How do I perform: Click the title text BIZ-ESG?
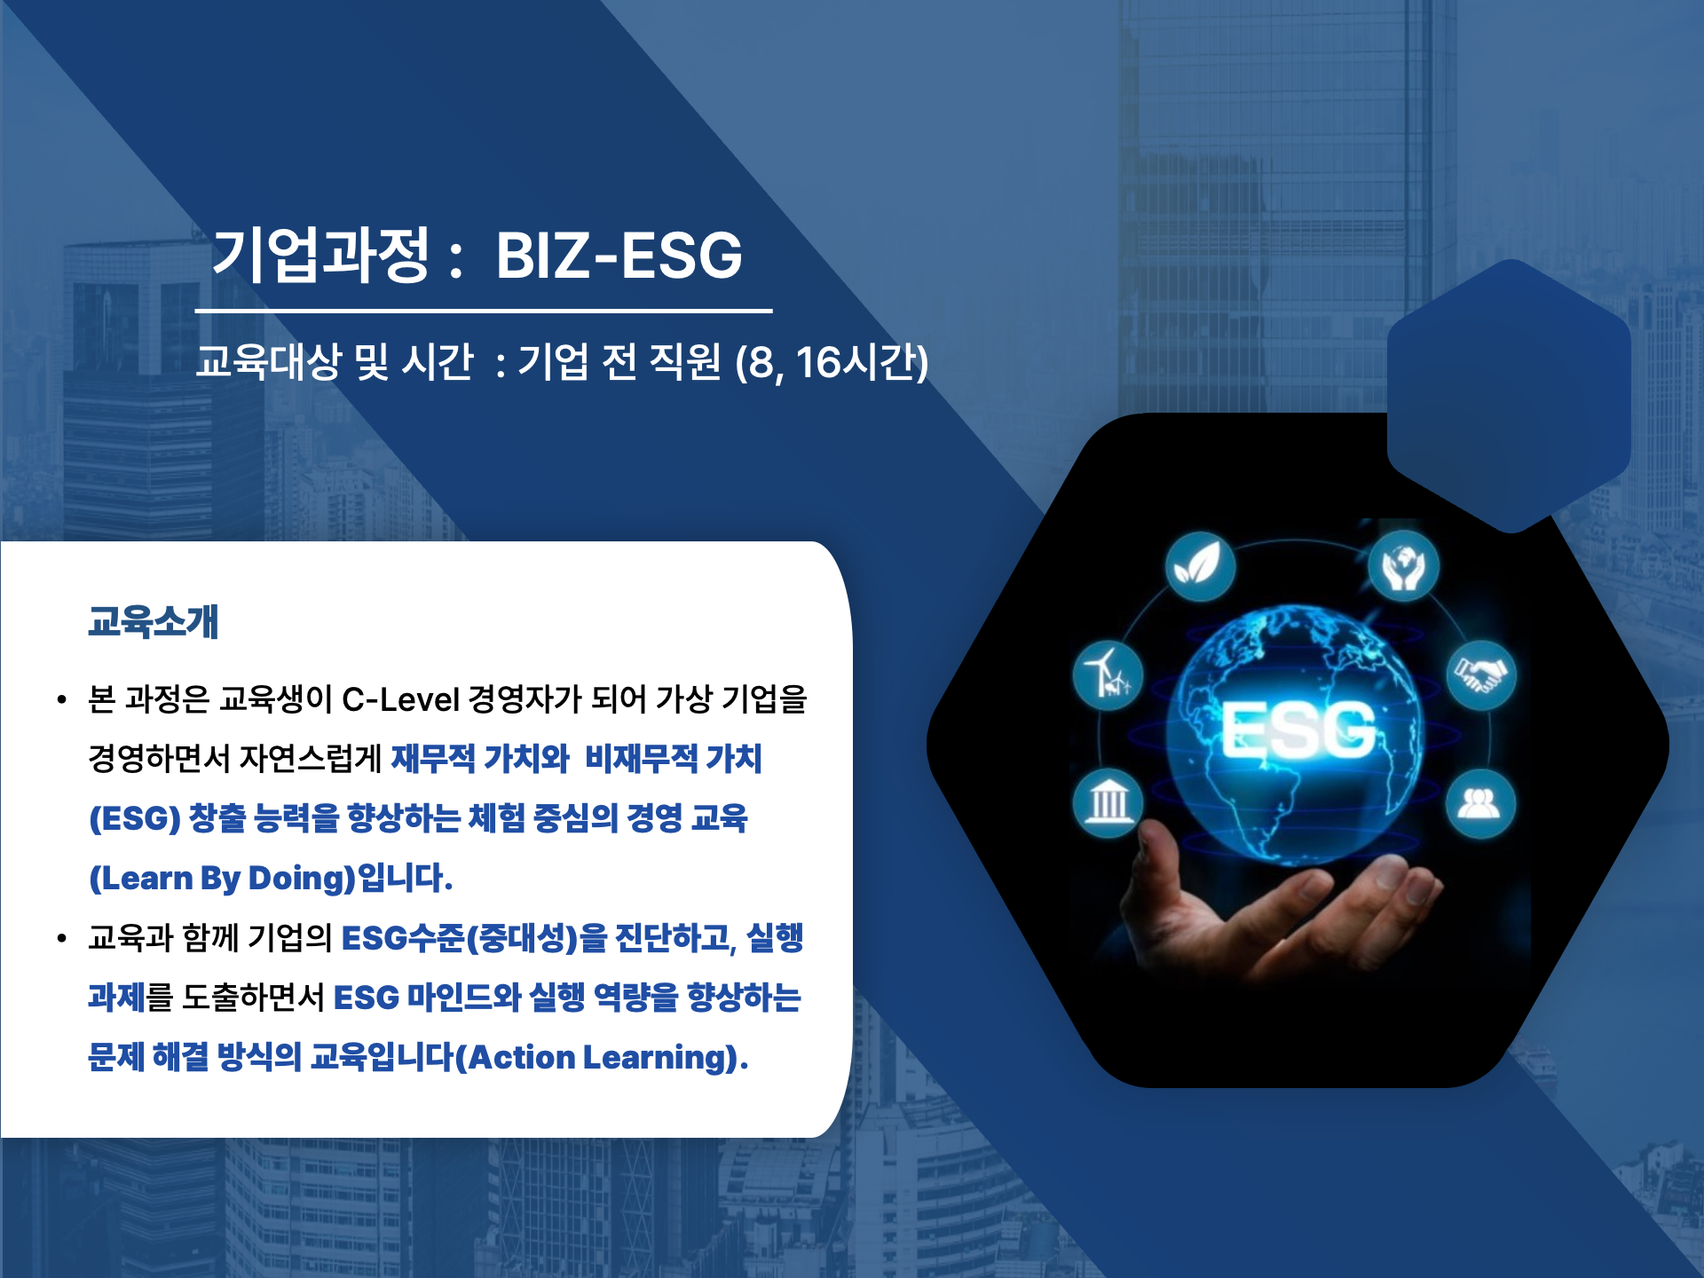point(619,256)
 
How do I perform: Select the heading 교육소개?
point(153,621)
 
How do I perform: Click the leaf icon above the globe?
point(1199,565)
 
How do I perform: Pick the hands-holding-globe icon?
point(1402,566)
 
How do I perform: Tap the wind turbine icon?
point(1108,674)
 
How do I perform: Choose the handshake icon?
point(1480,674)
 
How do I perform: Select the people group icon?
point(1479,803)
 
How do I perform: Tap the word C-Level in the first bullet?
point(400,699)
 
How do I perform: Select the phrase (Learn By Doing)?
point(222,878)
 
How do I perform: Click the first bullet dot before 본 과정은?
point(61,700)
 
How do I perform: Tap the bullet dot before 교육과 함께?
point(61,938)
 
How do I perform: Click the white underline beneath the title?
point(484,312)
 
